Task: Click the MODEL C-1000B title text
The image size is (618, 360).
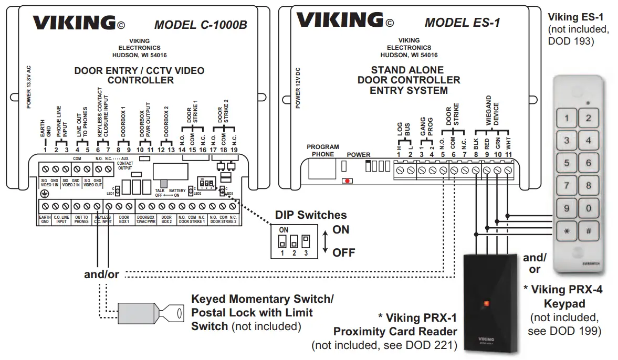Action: point(200,25)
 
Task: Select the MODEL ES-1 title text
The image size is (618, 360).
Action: point(462,23)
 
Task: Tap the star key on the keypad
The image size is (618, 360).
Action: point(567,230)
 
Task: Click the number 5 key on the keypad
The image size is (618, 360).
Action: point(567,163)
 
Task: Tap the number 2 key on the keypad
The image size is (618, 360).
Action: point(589,118)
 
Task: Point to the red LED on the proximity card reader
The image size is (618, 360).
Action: point(486,303)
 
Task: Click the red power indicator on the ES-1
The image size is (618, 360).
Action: point(347,181)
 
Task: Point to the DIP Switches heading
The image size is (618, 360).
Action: point(311,215)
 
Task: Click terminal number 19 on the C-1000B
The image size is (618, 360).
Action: point(234,150)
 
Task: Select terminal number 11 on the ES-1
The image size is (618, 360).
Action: point(508,154)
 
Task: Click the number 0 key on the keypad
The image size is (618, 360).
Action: point(589,208)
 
